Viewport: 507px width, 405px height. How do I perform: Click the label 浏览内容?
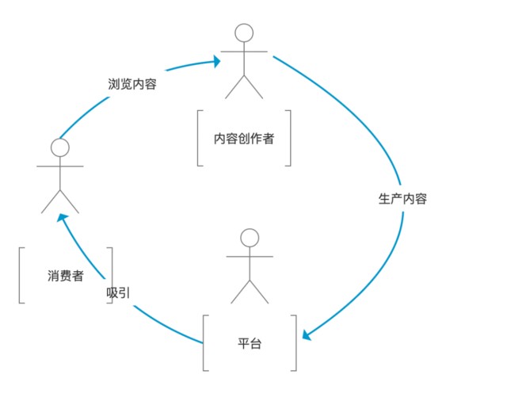click(x=132, y=83)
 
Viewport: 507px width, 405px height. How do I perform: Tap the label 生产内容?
click(x=402, y=199)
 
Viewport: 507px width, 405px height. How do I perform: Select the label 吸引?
click(x=119, y=292)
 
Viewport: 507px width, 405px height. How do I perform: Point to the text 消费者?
click(x=65, y=276)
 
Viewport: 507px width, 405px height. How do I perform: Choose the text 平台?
click(x=250, y=343)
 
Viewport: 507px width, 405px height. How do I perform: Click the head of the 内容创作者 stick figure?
click(x=244, y=32)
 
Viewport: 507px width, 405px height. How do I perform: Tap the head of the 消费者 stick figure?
click(x=60, y=147)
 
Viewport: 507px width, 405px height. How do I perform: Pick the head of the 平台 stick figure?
click(x=250, y=237)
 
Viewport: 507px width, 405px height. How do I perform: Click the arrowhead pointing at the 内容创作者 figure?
click(x=215, y=59)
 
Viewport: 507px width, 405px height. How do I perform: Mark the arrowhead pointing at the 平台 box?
click(x=307, y=335)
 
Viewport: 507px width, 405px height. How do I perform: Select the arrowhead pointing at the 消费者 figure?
click(x=65, y=219)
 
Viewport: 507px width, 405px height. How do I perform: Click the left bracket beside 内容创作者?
click(x=199, y=139)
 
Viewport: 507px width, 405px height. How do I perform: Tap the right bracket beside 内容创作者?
click(x=289, y=139)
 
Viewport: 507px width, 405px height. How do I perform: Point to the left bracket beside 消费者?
click(x=21, y=275)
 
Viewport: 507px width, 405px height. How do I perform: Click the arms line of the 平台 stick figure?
click(x=250, y=256)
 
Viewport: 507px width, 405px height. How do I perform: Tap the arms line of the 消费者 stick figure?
click(x=60, y=166)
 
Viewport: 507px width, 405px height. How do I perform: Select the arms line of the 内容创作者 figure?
click(x=244, y=52)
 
